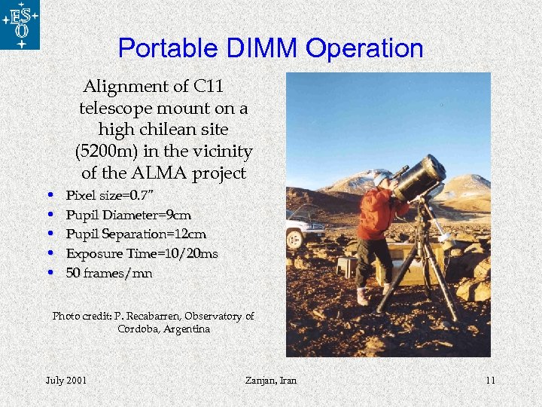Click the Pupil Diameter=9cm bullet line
tap(128, 216)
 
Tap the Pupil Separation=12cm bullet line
tap(135, 234)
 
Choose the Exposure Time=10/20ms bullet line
tap(142, 254)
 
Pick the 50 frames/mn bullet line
tap(108, 273)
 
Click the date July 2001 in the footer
tap(66, 380)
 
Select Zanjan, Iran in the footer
tap(271, 380)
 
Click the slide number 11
tap(490, 380)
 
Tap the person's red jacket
tap(376, 213)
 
